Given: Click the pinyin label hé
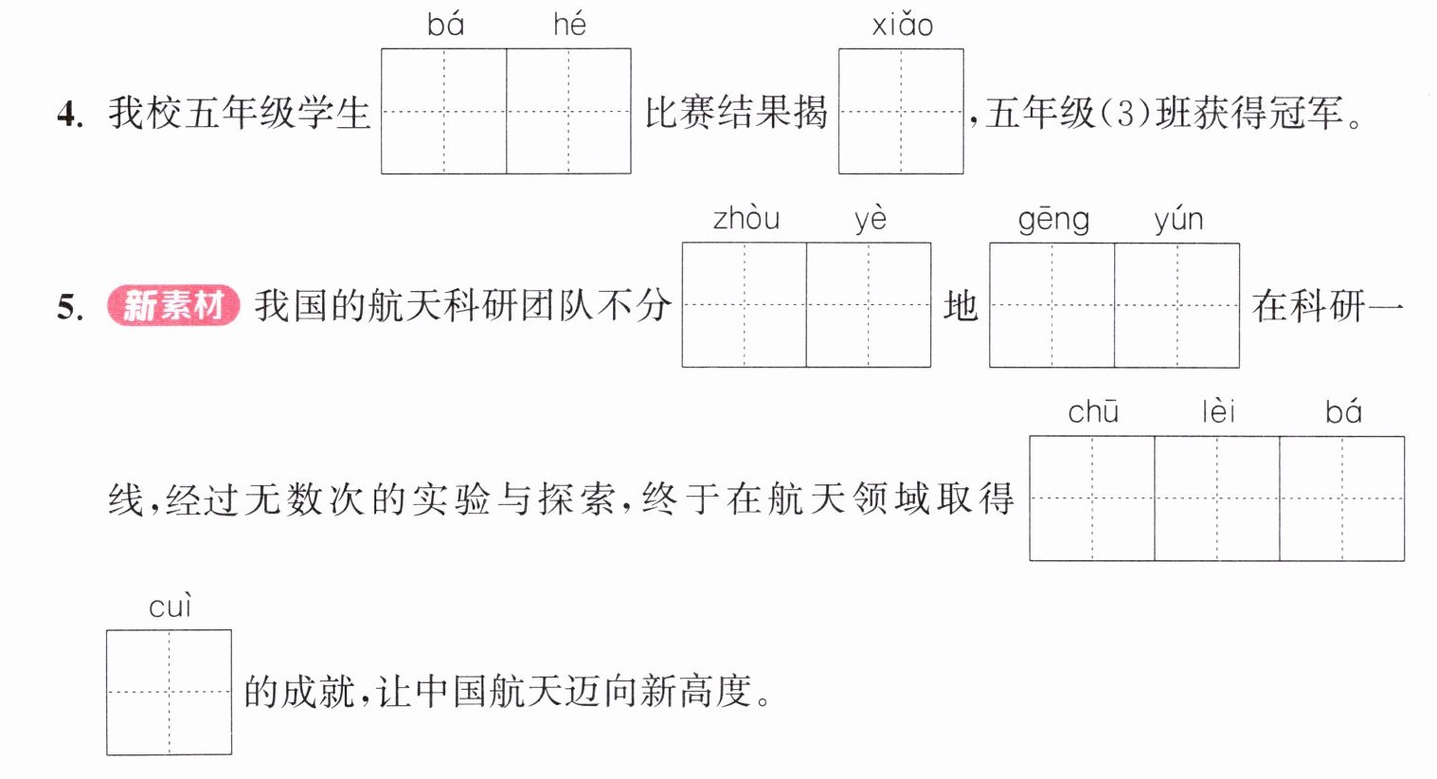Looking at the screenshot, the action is pos(569,25).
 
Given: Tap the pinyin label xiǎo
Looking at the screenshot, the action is pos(902,25).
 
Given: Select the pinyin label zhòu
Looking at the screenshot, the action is pos(746,218).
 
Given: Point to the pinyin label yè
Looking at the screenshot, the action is pos(871,219).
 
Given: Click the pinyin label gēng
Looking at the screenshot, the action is pos(1053,220).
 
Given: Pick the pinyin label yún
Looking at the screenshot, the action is pos(1179,220).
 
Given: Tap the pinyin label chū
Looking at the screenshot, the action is pos(1093,412).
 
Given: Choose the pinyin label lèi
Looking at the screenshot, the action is pos(1218,411).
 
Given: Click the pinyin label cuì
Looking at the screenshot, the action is pos(170,607).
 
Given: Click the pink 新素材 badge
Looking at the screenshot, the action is pos(173,305).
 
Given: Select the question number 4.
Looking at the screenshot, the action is pos(70,115).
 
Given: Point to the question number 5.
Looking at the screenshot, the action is pos(70,307).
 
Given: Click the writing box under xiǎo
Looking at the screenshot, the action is pos(901,111).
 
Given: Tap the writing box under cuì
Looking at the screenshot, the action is pos(170,693).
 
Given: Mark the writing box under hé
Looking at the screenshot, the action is pos(568,111).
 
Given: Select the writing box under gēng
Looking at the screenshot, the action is pos(1052,305).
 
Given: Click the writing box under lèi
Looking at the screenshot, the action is pos(1217,498).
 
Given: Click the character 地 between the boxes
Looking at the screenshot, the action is pos(961,306).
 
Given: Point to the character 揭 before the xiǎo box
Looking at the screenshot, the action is pos(810,112).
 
